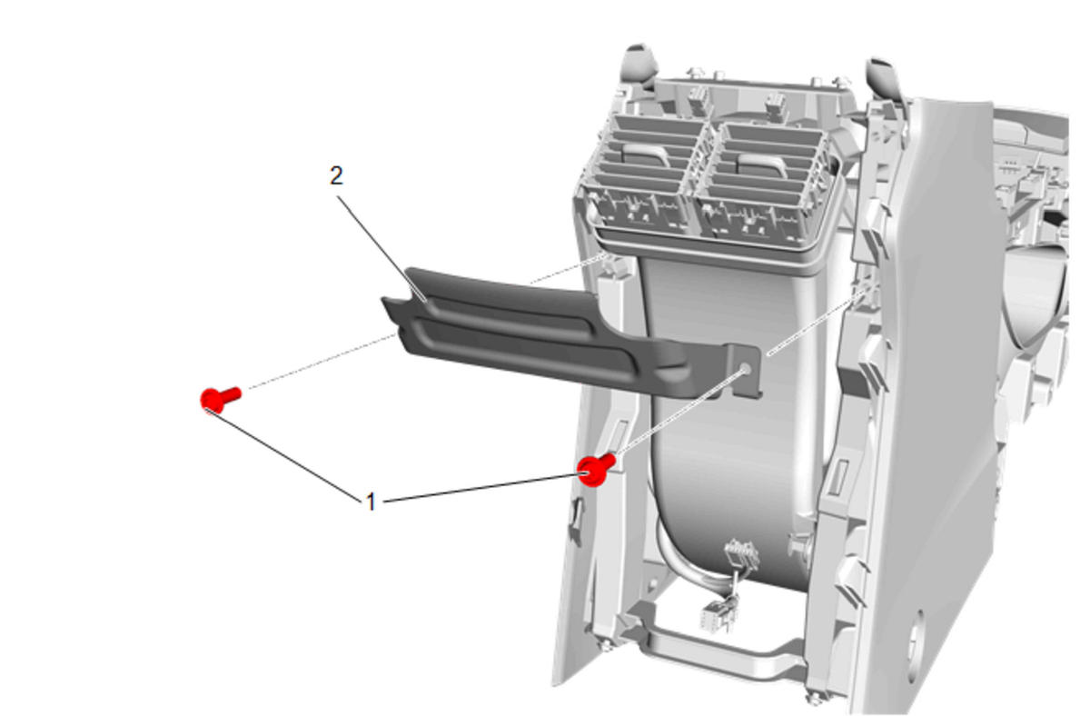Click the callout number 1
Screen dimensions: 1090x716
click(x=371, y=502)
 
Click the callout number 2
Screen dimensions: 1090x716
click(x=336, y=175)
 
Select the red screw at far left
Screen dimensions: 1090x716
click(x=220, y=400)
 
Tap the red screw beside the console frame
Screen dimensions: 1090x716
click(x=596, y=469)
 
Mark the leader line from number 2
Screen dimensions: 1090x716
click(x=382, y=249)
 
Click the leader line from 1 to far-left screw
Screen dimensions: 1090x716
click(x=284, y=455)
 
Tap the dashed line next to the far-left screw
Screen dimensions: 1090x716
click(x=322, y=361)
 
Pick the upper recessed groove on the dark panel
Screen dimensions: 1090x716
click(x=506, y=315)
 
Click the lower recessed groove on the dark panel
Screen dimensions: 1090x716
click(x=523, y=346)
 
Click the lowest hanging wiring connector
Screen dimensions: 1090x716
click(x=712, y=616)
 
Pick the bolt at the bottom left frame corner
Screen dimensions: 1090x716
click(x=607, y=646)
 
